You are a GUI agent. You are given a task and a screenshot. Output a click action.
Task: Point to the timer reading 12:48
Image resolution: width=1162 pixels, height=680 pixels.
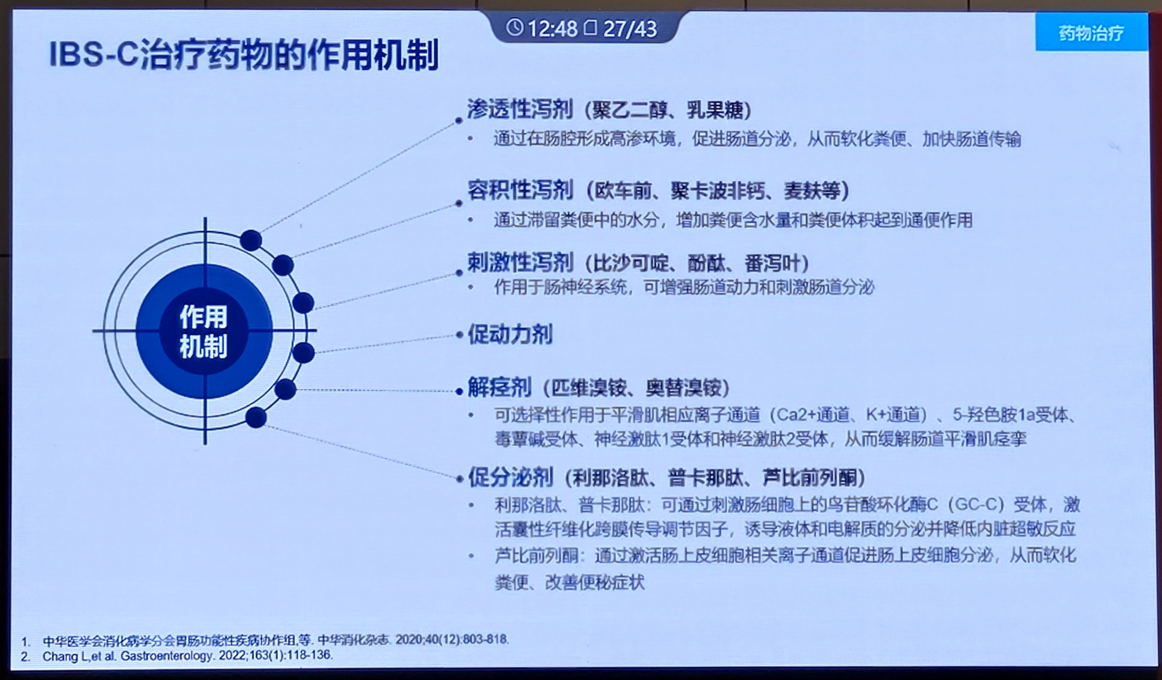point(552,29)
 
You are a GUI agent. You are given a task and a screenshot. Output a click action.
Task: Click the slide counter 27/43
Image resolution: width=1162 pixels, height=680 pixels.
point(630,29)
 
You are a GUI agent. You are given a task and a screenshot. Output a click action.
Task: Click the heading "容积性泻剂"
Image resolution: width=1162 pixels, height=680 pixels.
point(520,190)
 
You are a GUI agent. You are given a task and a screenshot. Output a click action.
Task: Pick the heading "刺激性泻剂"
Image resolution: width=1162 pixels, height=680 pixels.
point(520,262)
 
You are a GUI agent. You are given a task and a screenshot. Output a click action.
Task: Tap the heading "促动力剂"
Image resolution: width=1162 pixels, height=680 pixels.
point(510,334)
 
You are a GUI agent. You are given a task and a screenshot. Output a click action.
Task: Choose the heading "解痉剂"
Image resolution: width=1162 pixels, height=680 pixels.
point(499,387)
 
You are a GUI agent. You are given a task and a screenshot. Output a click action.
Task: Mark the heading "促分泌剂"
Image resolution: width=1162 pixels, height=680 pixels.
point(510,477)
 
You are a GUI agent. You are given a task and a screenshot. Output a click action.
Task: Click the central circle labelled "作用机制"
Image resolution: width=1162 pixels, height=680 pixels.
point(204,331)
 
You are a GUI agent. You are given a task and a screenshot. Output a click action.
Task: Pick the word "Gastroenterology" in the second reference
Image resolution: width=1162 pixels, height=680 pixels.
point(166,655)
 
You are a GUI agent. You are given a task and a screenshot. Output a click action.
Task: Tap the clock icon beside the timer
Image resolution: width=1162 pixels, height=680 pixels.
point(515,28)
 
